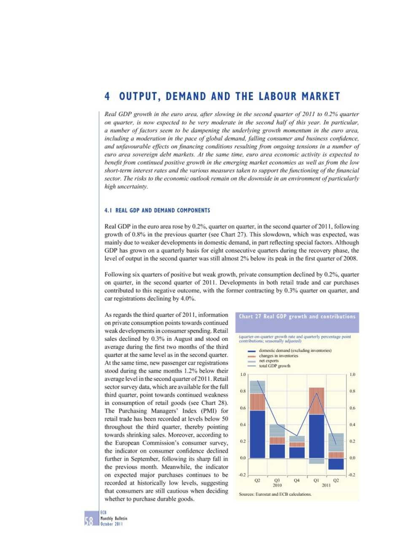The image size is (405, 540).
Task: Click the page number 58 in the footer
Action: coord(89,521)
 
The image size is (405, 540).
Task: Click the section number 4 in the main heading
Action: coord(107,97)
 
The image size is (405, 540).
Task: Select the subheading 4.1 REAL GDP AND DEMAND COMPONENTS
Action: coord(157,210)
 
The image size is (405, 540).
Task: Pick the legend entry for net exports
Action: coord(269,361)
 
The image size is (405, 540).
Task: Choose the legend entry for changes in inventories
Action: coord(278,356)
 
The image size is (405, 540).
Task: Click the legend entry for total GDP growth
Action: coord(275,366)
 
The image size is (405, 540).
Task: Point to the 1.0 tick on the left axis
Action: coord(243,375)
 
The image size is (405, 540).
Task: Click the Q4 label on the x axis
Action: coord(297,480)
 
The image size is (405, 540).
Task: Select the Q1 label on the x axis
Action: coord(316,480)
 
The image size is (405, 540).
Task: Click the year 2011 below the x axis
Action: coord(326,485)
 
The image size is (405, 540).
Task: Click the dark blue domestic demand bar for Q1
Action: coord(316,436)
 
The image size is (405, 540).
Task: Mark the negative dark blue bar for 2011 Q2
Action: coord(336,464)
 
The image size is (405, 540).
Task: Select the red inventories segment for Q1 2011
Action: coord(316,401)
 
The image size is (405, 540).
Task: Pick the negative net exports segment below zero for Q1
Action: coord(316,461)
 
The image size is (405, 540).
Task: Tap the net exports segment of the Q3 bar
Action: coord(277,430)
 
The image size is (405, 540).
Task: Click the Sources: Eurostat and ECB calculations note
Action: coord(275,494)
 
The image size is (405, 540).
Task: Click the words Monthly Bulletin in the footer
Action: coord(113,518)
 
